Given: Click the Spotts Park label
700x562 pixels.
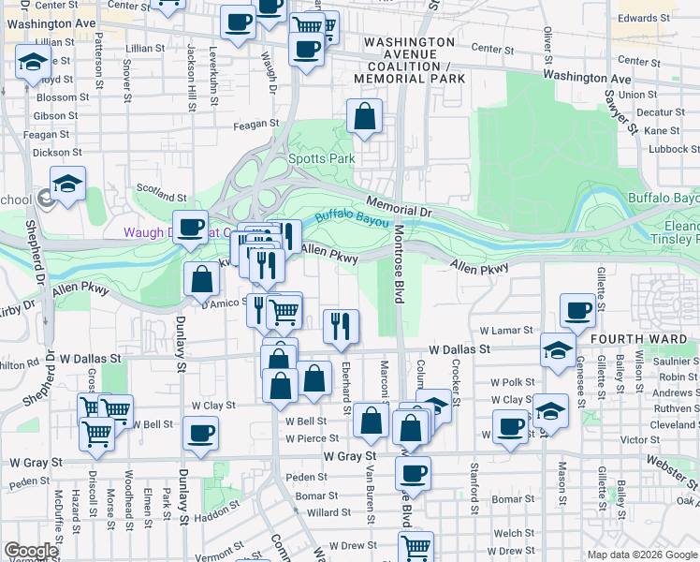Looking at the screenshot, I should pyautogui.click(x=321, y=158).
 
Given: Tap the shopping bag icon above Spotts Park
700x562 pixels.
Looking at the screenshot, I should pyautogui.click(x=364, y=117).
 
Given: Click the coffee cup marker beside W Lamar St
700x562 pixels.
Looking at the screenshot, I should pyautogui.click(x=577, y=310).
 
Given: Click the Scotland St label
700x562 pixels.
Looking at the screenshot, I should pyautogui.click(x=161, y=193).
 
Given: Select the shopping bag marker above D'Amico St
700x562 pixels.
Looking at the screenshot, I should pyautogui.click(x=202, y=279).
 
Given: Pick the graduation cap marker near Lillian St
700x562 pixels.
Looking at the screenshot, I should pyautogui.click(x=33, y=63).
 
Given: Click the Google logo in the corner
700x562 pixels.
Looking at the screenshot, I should pyautogui.click(x=30, y=551).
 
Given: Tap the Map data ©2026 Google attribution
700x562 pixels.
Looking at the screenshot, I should pyautogui.click(x=642, y=555).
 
